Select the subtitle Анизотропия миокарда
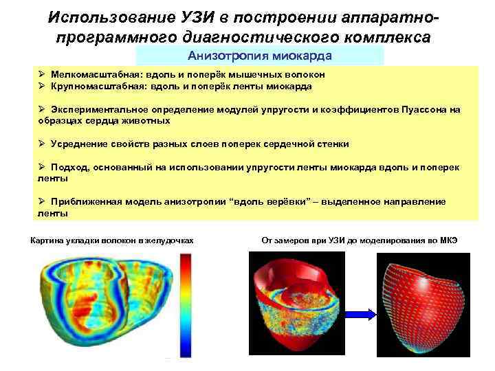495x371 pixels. (260, 56)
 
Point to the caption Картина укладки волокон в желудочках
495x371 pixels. (113, 240)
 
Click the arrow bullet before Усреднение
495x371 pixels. (42, 144)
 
